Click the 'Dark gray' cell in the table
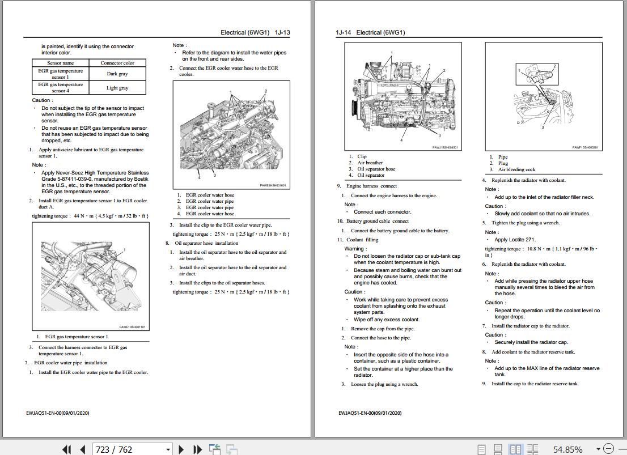(x=117, y=74)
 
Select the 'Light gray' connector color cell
(x=117, y=88)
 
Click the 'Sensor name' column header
(x=61, y=63)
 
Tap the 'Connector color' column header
(x=117, y=63)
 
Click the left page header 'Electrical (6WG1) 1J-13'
(x=255, y=33)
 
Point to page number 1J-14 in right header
(x=344, y=33)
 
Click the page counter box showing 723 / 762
(x=133, y=449)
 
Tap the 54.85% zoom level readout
(x=567, y=449)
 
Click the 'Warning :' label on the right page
(x=355, y=249)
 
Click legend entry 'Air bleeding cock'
(x=516, y=169)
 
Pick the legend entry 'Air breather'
(x=370, y=163)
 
